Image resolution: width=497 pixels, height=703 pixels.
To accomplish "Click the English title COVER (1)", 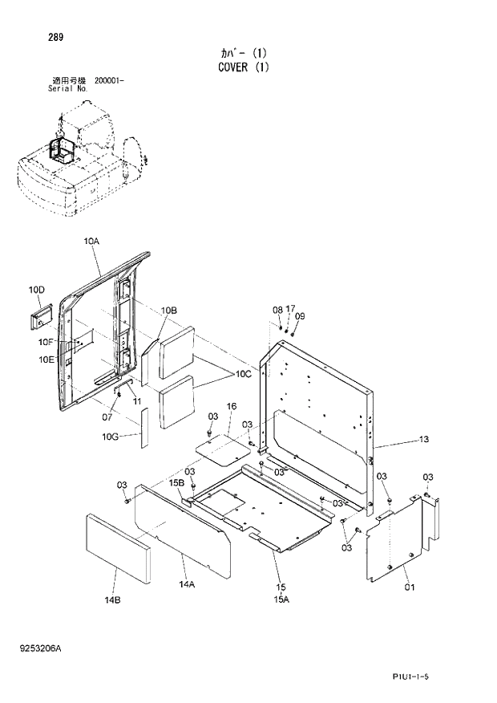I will click(x=243, y=67).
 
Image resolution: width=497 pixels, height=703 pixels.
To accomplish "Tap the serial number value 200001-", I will click(x=109, y=81).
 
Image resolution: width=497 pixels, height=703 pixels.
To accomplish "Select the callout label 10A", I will click(x=91, y=241).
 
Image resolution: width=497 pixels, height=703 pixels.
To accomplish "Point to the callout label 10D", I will click(x=36, y=290).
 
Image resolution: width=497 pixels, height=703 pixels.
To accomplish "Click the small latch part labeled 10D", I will click(x=40, y=316).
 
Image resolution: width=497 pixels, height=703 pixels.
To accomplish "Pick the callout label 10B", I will click(x=168, y=311).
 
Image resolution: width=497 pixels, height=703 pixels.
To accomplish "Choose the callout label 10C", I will click(x=243, y=374).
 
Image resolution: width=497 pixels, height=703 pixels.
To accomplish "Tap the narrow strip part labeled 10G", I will click(x=145, y=426).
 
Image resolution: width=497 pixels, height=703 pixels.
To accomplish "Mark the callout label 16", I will click(x=231, y=407).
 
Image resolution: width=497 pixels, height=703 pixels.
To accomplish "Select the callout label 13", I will click(x=424, y=440).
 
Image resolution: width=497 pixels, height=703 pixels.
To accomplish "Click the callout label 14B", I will click(x=112, y=599).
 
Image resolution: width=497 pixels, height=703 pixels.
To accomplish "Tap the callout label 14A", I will click(x=187, y=585).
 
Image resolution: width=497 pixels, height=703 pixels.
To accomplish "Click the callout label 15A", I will click(x=281, y=599).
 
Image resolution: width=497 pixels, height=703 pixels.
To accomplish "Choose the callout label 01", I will click(x=410, y=588).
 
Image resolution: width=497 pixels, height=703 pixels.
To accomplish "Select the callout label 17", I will click(x=290, y=308).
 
